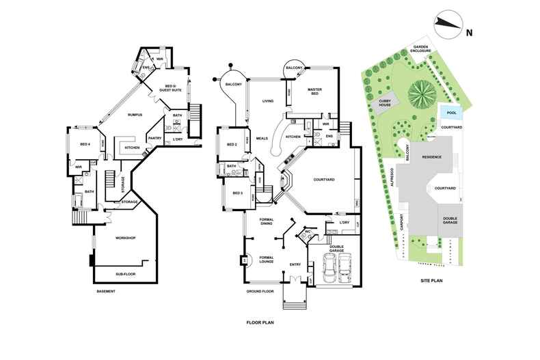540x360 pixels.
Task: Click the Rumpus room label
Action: click(134, 115)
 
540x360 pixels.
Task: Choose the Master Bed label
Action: click(314, 92)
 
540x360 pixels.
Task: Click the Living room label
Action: click(268, 101)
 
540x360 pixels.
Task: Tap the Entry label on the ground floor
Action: click(295, 264)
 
